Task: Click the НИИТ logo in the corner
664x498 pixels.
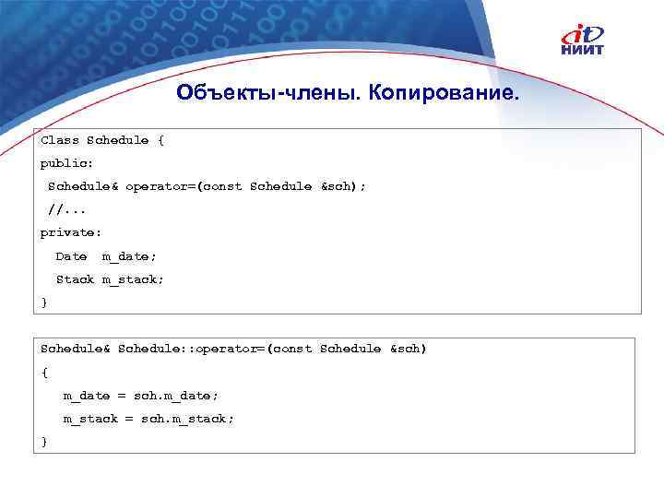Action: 587,41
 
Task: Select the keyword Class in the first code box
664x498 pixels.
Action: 59,140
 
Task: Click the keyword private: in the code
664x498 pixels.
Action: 70,232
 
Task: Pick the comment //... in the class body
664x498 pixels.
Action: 66,209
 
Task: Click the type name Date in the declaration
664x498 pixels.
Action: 71,255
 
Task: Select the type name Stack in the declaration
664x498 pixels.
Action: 75,279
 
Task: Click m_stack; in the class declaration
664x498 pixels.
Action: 133,279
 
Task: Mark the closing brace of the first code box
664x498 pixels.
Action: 43,302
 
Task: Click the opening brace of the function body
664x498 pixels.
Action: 44,372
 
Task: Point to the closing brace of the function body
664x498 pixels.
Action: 43,442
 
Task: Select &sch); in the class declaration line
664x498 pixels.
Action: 343,186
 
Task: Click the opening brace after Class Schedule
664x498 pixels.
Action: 160,140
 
